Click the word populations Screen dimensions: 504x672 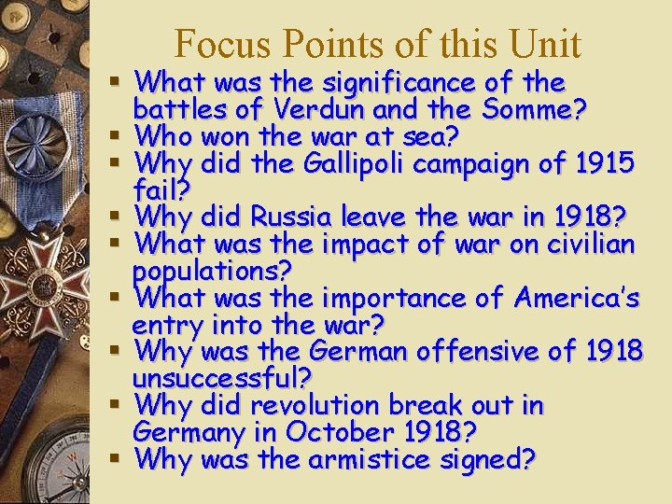(x=212, y=272)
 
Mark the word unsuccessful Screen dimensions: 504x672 (x=222, y=379)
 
